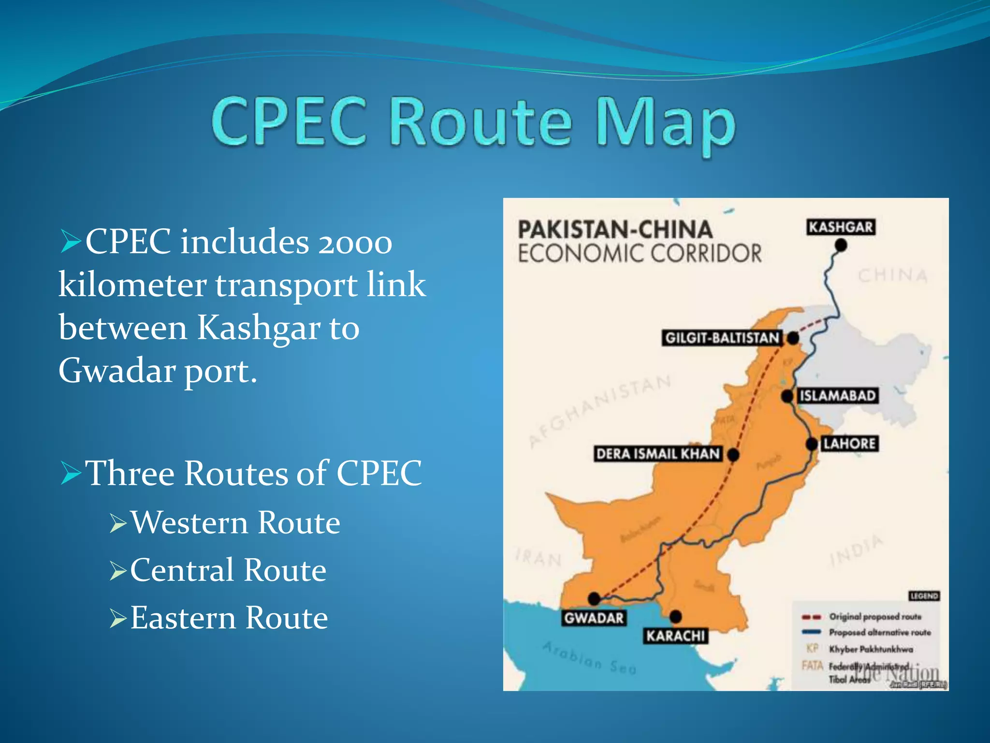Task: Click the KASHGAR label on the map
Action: pyautogui.click(x=841, y=227)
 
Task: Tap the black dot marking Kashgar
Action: pyautogui.click(x=841, y=246)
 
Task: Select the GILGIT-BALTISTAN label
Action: pyautogui.click(x=722, y=338)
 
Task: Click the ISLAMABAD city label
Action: pyautogui.click(x=837, y=396)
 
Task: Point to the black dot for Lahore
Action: pyautogui.click(x=812, y=444)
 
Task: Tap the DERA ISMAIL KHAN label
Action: pyautogui.click(x=658, y=454)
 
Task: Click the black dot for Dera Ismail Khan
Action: pyautogui.click(x=733, y=455)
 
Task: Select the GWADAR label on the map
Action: pyautogui.click(x=594, y=618)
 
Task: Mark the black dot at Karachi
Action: pyautogui.click(x=676, y=616)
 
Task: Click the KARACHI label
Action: pyautogui.click(x=676, y=636)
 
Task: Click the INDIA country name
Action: pyautogui.click(x=856, y=550)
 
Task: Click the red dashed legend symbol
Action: pyautogui.click(x=811, y=617)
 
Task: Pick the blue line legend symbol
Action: pyautogui.click(x=811, y=632)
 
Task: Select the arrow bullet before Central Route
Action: pyautogui.click(x=118, y=571)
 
